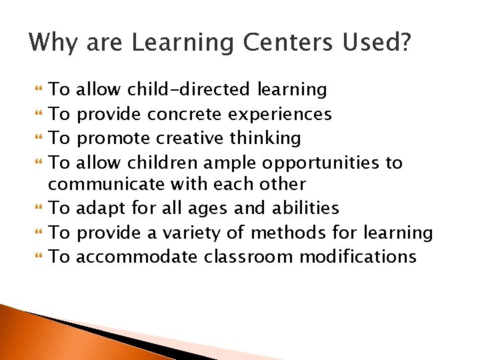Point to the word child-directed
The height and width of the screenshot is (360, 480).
(x=189, y=89)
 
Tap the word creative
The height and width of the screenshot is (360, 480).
(x=190, y=138)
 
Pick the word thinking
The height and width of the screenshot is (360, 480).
(x=265, y=139)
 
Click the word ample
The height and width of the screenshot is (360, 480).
(x=236, y=163)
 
